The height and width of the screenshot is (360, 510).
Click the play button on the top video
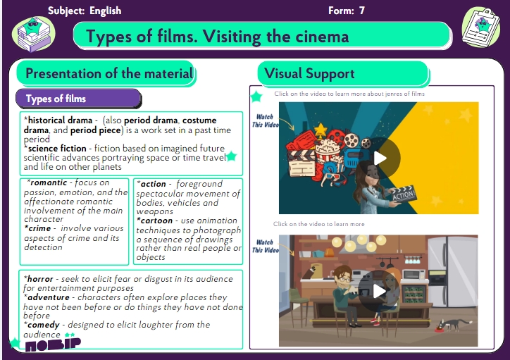380,159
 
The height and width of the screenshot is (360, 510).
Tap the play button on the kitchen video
379,291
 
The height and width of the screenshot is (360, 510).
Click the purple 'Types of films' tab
78,99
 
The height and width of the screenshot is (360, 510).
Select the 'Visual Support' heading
309,73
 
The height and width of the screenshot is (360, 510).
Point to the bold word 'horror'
40,279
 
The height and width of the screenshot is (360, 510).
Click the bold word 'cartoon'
156,221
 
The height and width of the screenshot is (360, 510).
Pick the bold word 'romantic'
49,182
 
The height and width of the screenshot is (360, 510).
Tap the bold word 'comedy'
44,325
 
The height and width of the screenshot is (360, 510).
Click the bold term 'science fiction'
57,148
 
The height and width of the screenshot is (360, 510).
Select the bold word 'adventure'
49,297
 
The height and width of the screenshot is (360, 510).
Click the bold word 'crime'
39,228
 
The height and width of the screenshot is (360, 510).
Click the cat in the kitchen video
453,324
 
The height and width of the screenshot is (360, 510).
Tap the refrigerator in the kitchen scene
453,272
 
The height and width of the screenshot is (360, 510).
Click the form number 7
361,11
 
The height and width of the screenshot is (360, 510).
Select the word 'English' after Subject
106,11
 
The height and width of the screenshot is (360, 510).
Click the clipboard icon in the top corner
480,27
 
